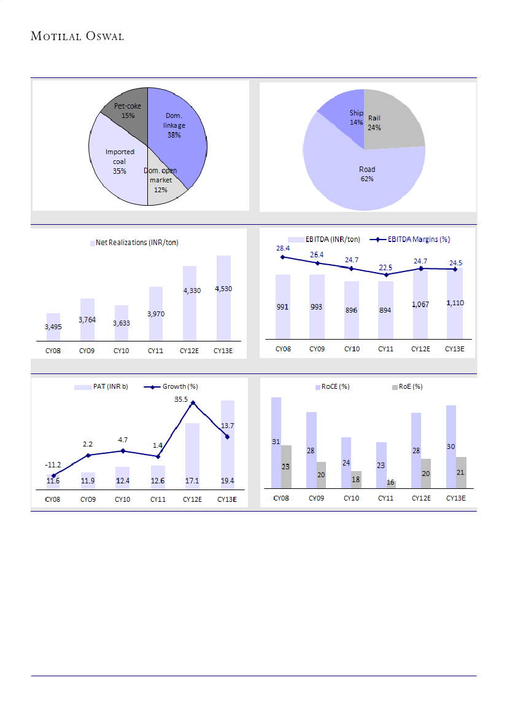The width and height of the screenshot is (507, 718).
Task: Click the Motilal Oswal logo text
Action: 77,36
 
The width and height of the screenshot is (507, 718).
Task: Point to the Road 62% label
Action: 367,174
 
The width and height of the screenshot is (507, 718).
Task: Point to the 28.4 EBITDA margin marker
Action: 283,257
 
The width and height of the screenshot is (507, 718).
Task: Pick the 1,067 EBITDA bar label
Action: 420,305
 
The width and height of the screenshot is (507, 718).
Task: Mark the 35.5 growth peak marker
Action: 193,403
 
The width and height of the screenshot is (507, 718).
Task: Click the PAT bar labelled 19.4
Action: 227,442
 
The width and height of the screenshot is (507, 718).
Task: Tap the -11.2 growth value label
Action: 53,465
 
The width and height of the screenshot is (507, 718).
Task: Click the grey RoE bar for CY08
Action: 286,467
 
